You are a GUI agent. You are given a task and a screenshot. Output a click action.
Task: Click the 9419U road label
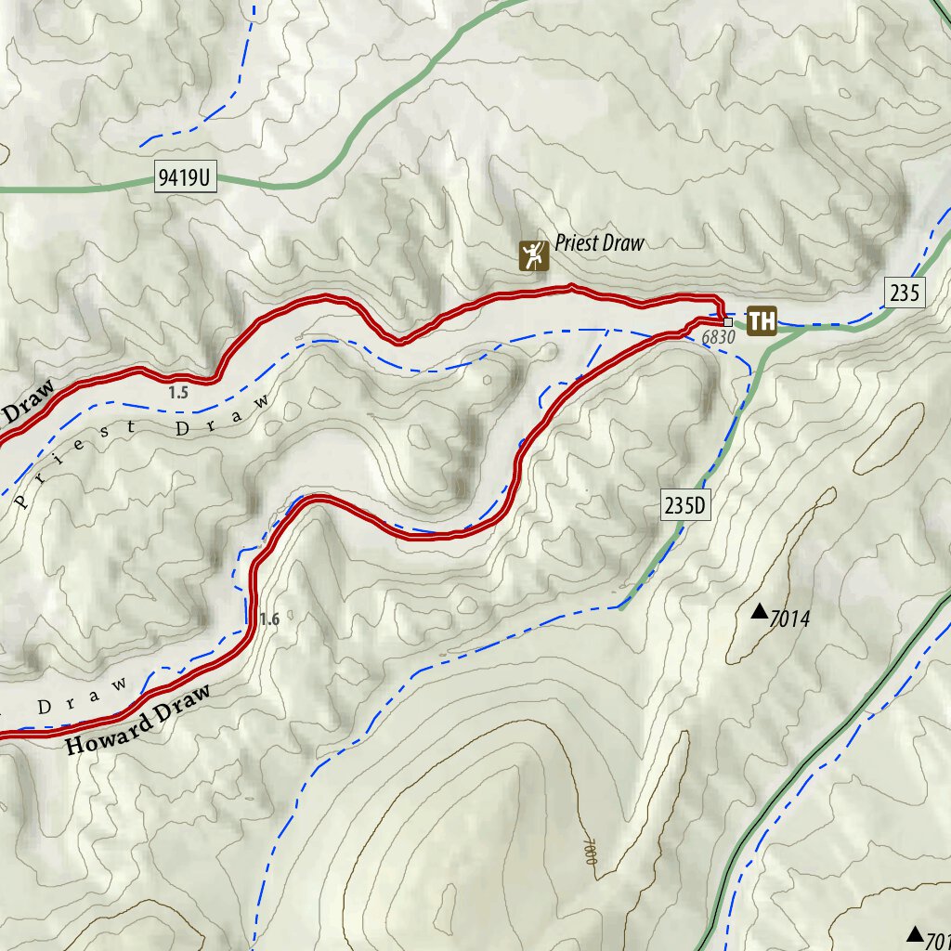click(x=185, y=178)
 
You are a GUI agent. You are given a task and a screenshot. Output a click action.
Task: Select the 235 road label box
click(x=905, y=293)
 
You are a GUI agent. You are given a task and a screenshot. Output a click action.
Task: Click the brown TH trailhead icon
click(x=762, y=321)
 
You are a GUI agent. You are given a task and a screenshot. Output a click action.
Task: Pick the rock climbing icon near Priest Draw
click(x=534, y=255)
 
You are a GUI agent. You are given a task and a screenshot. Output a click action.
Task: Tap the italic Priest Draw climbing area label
click(x=599, y=244)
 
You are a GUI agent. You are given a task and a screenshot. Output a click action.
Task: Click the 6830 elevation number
click(x=718, y=338)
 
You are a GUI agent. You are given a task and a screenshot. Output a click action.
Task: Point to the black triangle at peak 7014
click(x=759, y=611)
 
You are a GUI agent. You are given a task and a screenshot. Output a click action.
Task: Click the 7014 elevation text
click(x=790, y=619)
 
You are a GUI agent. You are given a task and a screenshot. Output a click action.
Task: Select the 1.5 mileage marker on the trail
click(x=178, y=393)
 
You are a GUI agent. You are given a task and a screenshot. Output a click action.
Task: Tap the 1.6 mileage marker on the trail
click(x=268, y=619)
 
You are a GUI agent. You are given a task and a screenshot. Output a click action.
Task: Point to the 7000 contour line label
click(x=587, y=850)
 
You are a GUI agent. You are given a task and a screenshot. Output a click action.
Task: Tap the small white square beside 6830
click(x=728, y=322)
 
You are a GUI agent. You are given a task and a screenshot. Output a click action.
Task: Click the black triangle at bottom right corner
click(x=916, y=933)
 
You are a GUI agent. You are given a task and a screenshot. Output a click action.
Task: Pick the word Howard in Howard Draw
click(x=108, y=734)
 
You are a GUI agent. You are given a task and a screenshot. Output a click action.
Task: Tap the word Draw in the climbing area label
click(x=622, y=244)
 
